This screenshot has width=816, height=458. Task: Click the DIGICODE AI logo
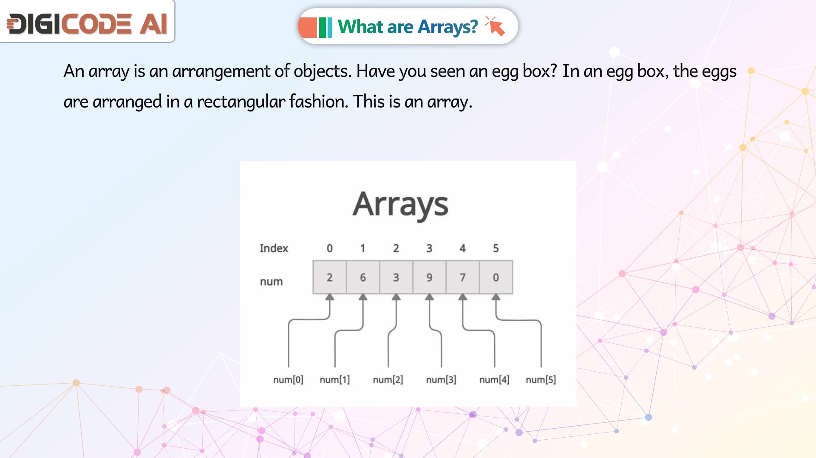[x=88, y=23]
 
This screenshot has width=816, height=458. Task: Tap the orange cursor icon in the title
[x=495, y=26]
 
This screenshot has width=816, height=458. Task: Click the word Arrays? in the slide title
[x=448, y=27]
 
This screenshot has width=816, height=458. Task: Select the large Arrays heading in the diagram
[x=400, y=205]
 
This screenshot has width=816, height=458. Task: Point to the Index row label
[x=274, y=248]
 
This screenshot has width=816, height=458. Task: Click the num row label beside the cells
[x=271, y=282]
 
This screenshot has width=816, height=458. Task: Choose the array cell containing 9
[x=429, y=277]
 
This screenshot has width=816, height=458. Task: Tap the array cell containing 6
[x=363, y=277]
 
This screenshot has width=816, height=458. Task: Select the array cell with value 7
[x=462, y=277]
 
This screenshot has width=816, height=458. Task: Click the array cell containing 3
[x=396, y=277]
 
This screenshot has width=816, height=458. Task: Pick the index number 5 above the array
[x=496, y=248]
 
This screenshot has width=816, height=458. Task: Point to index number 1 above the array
[x=363, y=248]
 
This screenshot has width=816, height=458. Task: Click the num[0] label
[x=288, y=379]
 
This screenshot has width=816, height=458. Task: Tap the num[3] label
[x=441, y=379]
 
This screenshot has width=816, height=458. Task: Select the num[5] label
[x=541, y=379]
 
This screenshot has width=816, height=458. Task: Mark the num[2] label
[x=388, y=379]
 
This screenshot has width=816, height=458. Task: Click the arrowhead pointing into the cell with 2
[x=330, y=297]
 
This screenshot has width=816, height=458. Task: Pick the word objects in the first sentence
[x=323, y=71]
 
